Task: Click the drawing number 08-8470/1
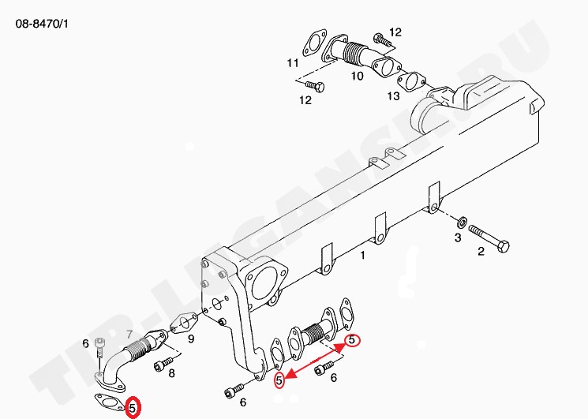coord(42,24)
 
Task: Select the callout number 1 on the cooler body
coord(362,256)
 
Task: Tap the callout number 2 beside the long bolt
coord(481,252)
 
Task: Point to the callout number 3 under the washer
coord(458,238)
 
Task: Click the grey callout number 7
coord(129,334)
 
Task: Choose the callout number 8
coord(171,374)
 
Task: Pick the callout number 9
coord(191,339)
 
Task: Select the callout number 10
coord(357,76)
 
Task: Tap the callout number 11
coord(293,62)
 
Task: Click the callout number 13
coord(393,96)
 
